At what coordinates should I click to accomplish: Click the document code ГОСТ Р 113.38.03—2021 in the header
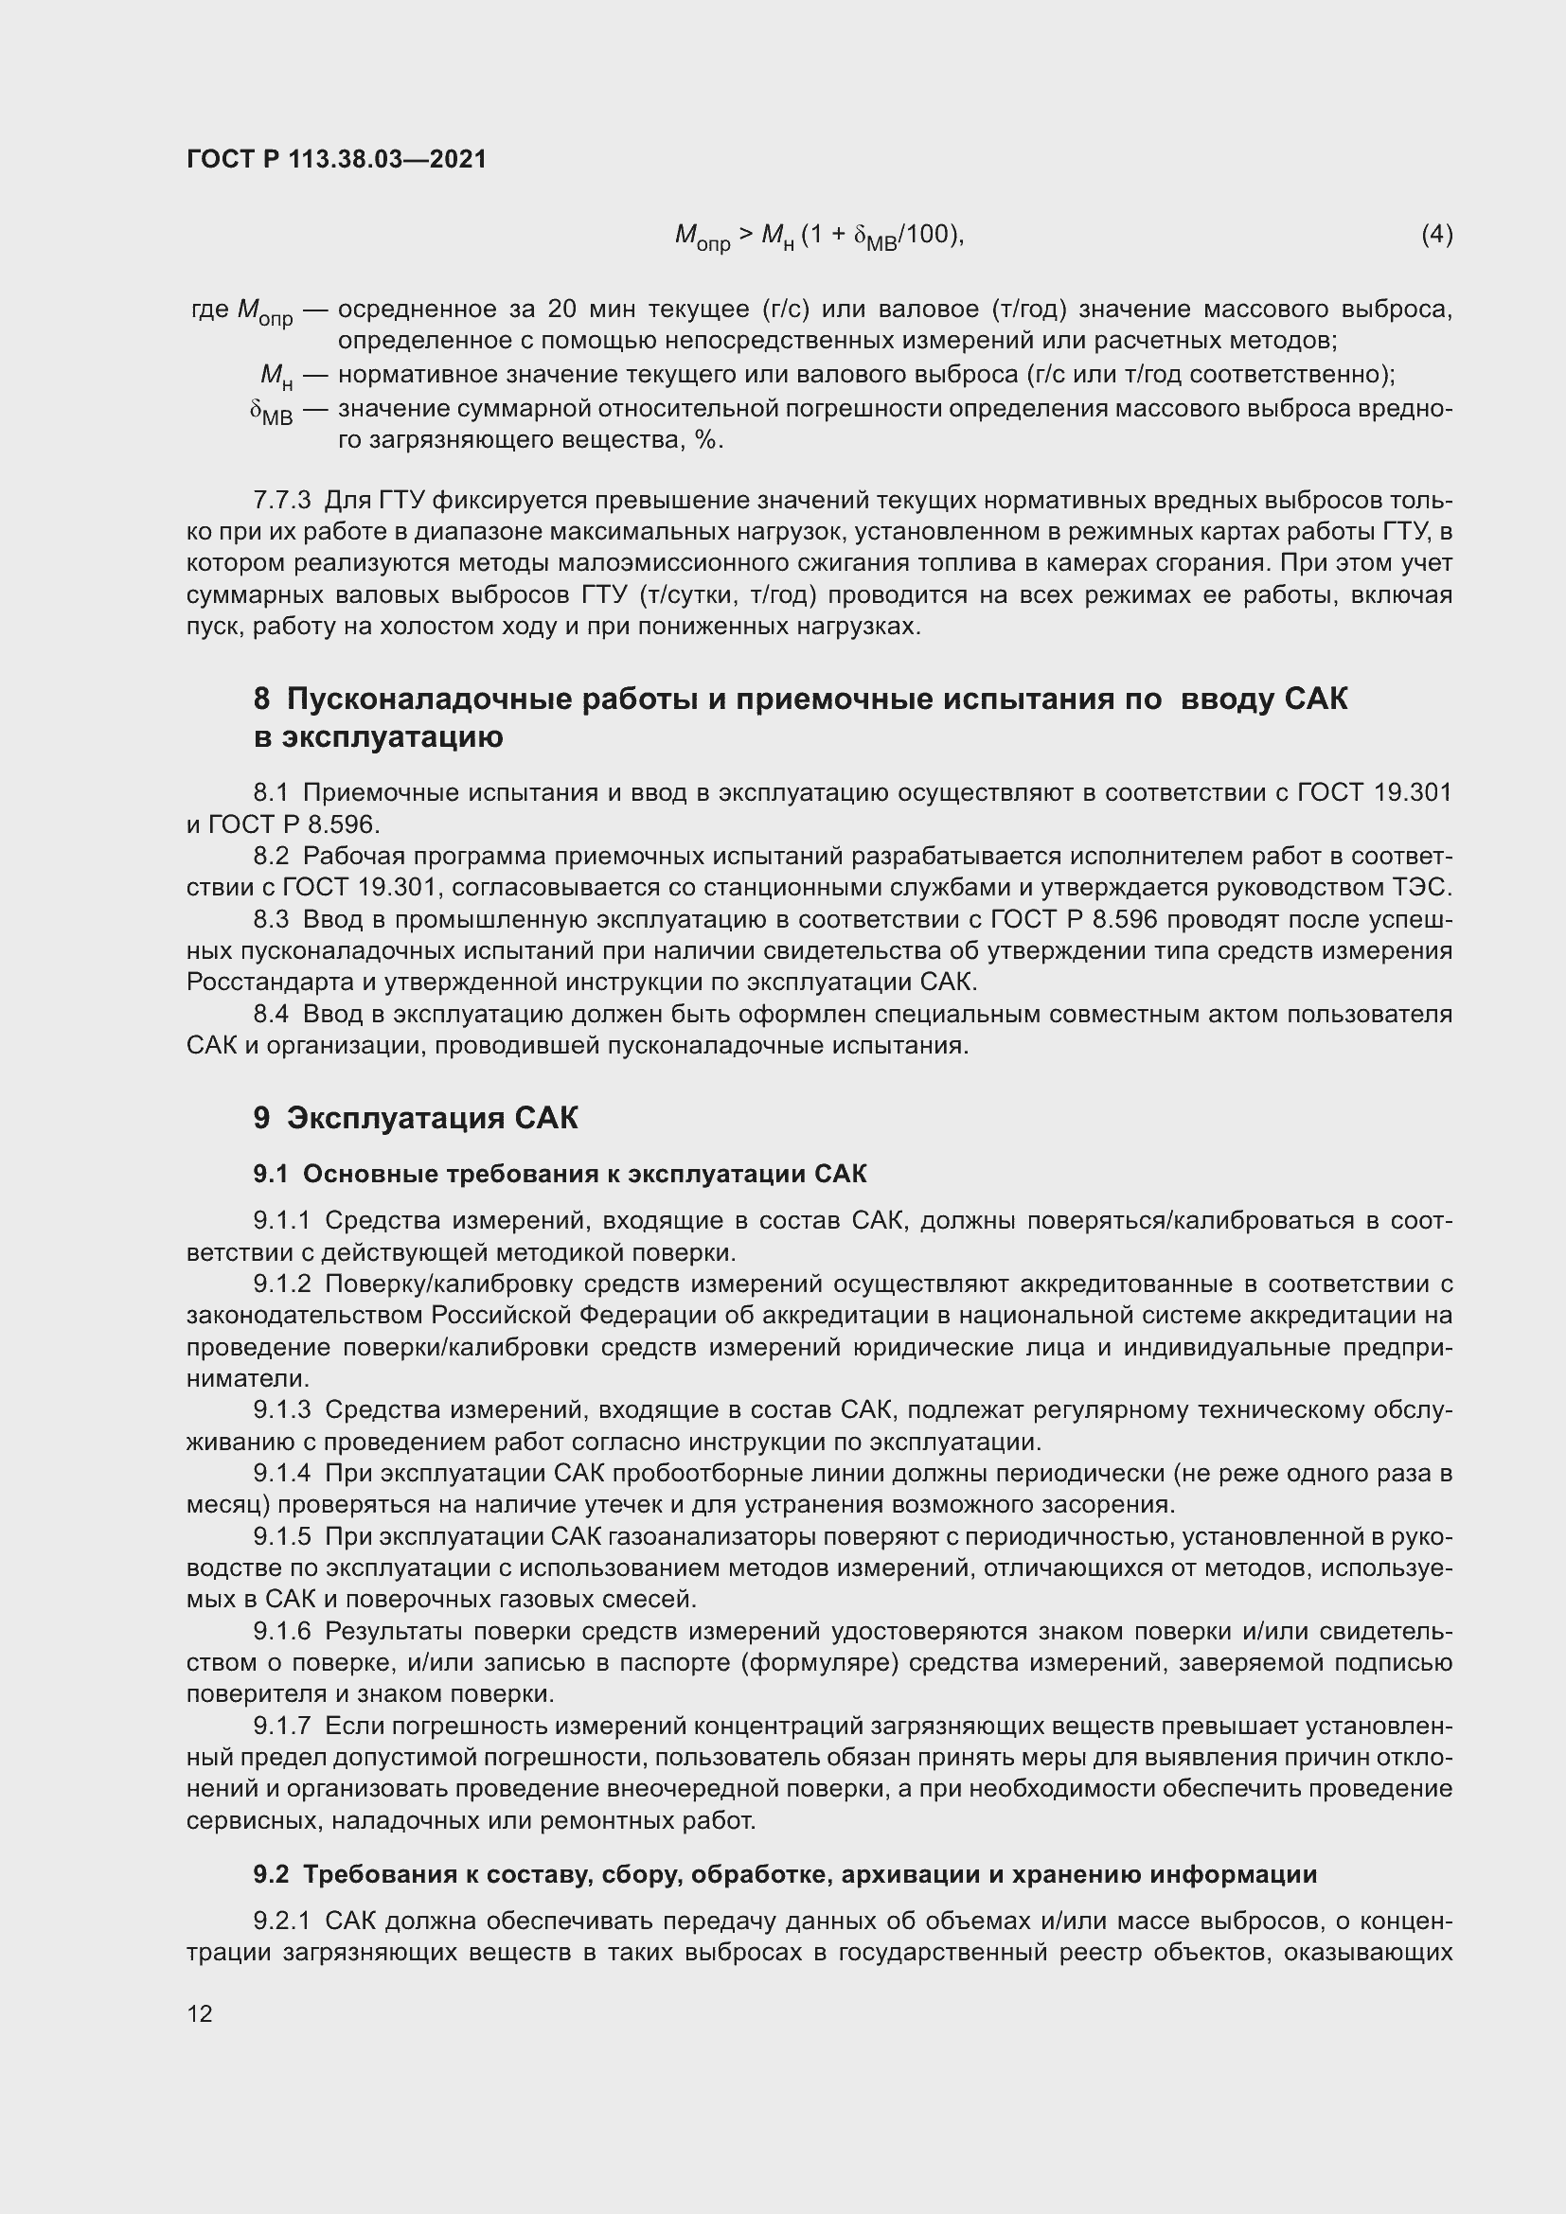click(336, 159)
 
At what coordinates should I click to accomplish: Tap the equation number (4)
click(1436, 235)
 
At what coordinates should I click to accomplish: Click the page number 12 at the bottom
click(200, 2013)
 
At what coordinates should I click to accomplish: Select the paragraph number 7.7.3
click(281, 501)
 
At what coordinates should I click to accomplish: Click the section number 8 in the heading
click(261, 700)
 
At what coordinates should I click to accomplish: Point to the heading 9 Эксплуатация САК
click(416, 1118)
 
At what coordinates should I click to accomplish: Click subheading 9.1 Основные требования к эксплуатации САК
click(560, 1174)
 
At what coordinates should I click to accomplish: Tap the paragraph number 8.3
click(271, 920)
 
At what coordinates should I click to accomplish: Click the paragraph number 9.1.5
click(281, 1536)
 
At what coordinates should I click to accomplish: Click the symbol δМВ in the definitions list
click(271, 413)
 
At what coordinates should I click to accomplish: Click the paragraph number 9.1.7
click(281, 1727)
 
